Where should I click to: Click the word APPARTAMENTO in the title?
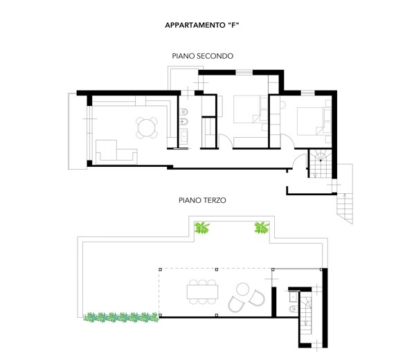(195, 26)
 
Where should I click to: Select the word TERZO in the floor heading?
(215, 200)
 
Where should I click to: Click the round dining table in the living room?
(147, 127)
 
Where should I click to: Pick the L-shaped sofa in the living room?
(116, 152)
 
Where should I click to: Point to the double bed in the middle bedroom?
(246, 109)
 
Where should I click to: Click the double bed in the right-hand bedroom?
(310, 121)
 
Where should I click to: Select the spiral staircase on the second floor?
(321, 163)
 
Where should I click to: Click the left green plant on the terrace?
(202, 228)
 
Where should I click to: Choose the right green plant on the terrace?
(262, 228)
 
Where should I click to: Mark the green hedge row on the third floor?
(121, 317)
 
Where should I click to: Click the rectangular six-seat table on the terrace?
(202, 291)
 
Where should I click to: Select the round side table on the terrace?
(242, 289)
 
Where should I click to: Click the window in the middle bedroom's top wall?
(244, 73)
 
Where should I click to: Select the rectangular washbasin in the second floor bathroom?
(184, 137)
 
